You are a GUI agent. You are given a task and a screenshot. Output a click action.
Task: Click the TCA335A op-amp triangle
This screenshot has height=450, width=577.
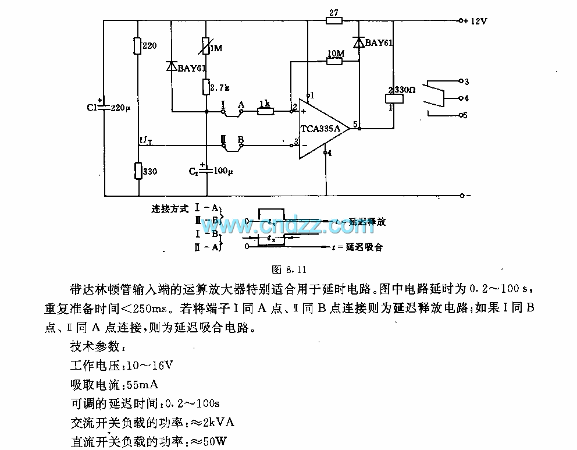322,128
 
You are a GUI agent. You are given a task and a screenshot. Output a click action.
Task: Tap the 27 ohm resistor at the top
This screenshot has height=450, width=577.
333,21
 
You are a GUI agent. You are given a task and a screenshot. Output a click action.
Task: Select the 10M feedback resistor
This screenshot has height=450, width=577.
334,61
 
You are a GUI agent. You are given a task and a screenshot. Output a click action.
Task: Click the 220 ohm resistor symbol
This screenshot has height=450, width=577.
137,45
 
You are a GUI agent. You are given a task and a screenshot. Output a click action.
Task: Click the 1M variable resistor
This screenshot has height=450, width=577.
206,47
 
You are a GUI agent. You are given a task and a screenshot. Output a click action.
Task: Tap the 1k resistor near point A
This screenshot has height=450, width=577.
265,111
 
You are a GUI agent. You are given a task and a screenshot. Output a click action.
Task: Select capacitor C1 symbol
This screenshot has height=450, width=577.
105,107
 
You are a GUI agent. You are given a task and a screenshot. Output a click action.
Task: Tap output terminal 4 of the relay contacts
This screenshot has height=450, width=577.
461,98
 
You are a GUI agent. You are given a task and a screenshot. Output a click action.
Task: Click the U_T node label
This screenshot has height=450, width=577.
145,140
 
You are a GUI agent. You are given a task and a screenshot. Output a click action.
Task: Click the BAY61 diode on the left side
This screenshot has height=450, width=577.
172,66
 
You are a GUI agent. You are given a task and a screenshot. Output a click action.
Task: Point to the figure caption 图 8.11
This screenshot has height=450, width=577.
289,270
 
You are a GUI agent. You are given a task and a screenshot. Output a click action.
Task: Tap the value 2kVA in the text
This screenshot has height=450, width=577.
219,422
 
